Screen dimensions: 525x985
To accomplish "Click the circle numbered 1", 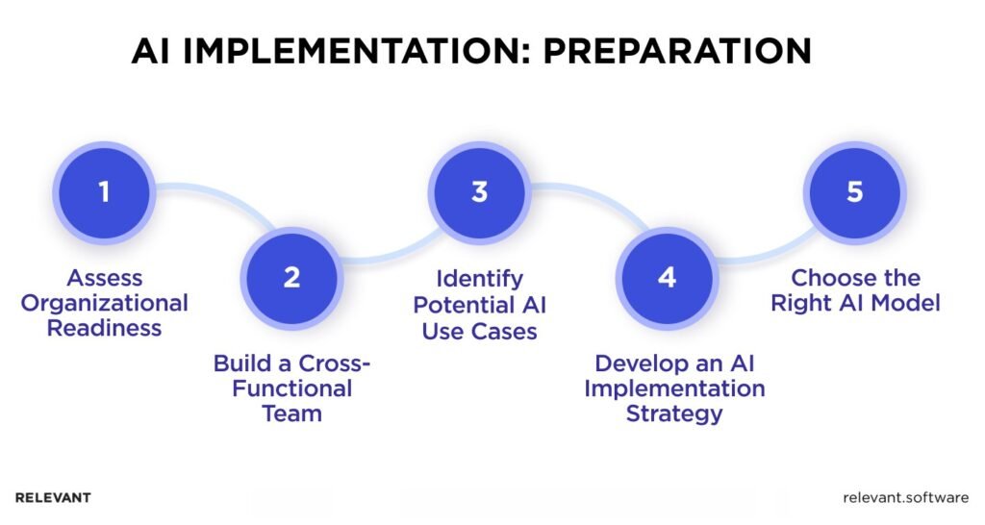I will pyautogui.click(x=104, y=191).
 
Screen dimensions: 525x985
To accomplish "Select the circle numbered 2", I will pyautogui.click(x=291, y=277).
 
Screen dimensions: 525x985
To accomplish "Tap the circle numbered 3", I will pyautogui.click(x=479, y=191).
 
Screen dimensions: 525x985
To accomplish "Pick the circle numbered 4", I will pyautogui.click(x=667, y=277).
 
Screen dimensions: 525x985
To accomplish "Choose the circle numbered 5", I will pyautogui.click(x=854, y=191).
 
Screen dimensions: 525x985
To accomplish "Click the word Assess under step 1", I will pyautogui.click(x=105, y=279).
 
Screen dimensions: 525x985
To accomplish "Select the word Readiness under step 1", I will pyautogui.click(x=105, y=329).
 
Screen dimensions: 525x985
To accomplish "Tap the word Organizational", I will pyautogui.click(x=105, y=304).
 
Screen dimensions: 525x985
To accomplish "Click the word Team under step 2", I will pyautogui.click(x=291, y=414).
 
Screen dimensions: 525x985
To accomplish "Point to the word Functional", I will pyautogui.click(x=291, y=389).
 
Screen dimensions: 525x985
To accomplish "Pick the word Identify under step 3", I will pyautogui.click(x=479, y=279).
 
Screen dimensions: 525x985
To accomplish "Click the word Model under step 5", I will pyautogui.click(x=905, y=304).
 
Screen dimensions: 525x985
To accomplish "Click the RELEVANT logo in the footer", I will pyautogui.click(x=53, y=498).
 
